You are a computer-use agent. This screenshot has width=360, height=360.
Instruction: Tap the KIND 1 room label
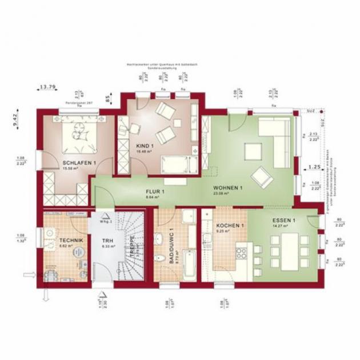145,146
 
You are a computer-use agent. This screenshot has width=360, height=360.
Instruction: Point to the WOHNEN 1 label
228,188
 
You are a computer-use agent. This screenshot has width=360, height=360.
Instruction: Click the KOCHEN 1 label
230,225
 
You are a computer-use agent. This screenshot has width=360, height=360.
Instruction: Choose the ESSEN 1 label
284,221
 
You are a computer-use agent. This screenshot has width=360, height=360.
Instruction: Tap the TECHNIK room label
71,241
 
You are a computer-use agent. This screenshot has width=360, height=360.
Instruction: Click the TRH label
107,241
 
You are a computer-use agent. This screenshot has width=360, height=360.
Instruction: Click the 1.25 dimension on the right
314,167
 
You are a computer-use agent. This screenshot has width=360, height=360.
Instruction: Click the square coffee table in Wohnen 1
253,151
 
